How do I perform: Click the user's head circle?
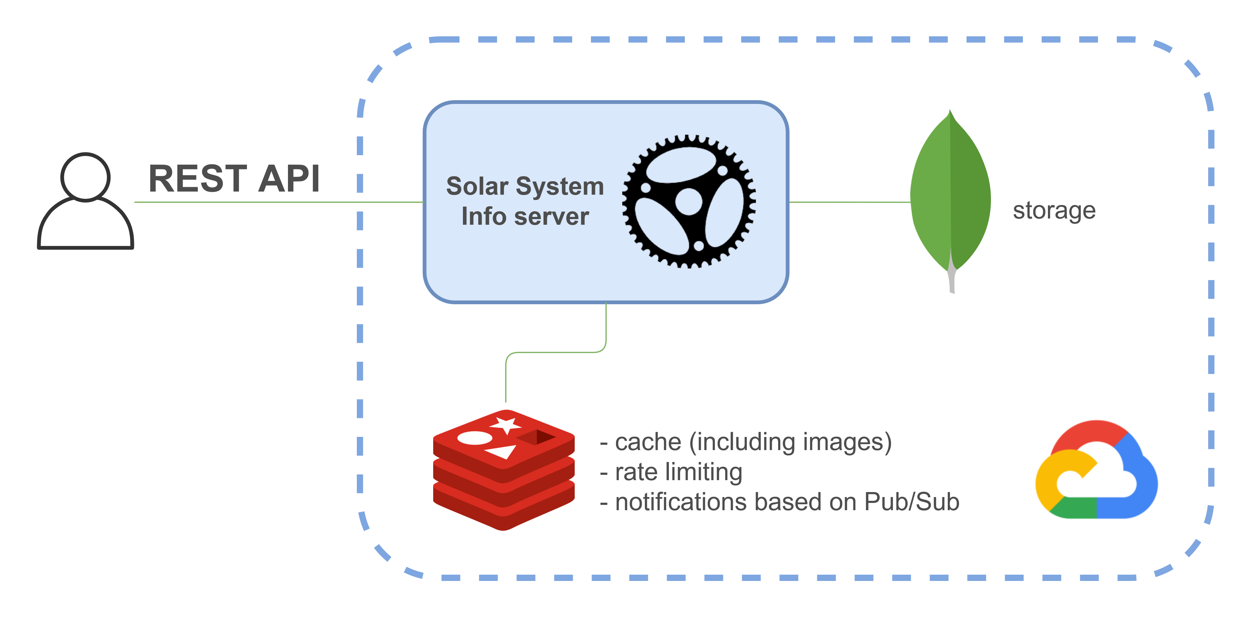coord(85,177)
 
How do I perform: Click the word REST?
coord(197,179)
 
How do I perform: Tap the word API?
coord(289,179)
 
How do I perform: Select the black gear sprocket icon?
coord(689,202)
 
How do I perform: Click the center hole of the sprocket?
coord(689,202)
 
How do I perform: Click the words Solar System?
coord(525,186)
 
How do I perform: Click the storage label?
coord(1054,211)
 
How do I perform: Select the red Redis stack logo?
coord(504,471)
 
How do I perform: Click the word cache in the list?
coord(648,443)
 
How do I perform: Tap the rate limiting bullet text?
coord(678,472)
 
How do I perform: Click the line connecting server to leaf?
coord(849,202)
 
